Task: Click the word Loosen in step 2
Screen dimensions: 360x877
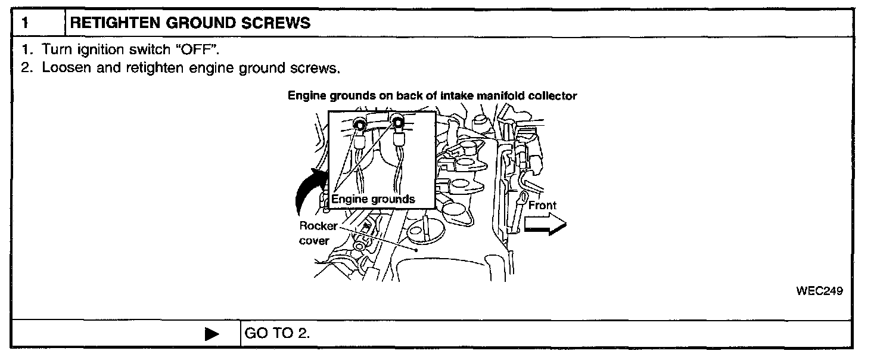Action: tap(64, 68)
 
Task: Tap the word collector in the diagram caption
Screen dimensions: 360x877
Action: tap(556, 96)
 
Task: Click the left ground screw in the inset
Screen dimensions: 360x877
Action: tap(360, 123)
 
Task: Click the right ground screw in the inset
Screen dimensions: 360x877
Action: tap(398, 123)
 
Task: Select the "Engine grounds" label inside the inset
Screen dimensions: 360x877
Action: tap(373, 199)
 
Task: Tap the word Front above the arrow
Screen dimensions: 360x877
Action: tap(542, 206)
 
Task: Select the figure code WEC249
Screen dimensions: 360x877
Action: tap(820, 291)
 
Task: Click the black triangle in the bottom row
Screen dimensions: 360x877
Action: tap(212, 334)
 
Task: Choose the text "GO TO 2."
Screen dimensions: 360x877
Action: tap(277, 333)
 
